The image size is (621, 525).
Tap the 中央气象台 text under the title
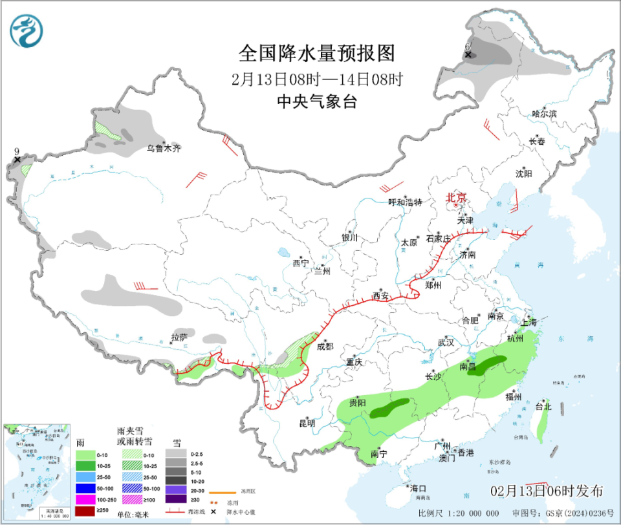point(316,102)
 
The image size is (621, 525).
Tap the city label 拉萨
point(179,337)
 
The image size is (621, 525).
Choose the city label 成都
point(325,347)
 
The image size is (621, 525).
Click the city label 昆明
point(307,423)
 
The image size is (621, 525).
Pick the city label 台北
point(543,407)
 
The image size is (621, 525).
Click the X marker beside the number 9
point(17,159)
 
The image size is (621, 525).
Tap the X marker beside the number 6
point(467,55)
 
